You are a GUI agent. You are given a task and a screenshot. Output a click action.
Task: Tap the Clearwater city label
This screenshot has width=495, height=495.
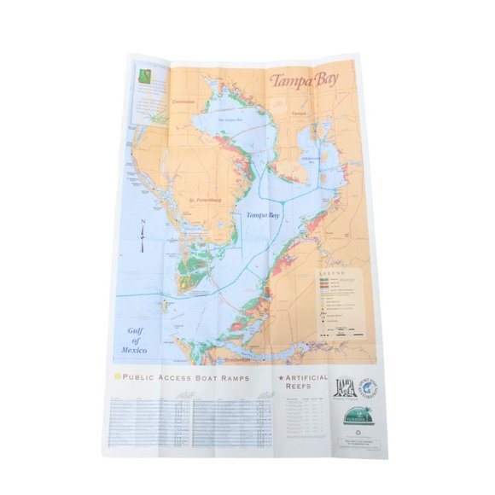point(183,102)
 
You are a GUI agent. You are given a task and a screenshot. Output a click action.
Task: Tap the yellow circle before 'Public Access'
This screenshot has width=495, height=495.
point(117,377)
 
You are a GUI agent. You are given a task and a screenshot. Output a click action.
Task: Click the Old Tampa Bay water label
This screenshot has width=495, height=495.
point(230,119)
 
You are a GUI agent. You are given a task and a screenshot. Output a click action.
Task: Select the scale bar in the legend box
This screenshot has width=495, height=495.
point(341,328)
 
